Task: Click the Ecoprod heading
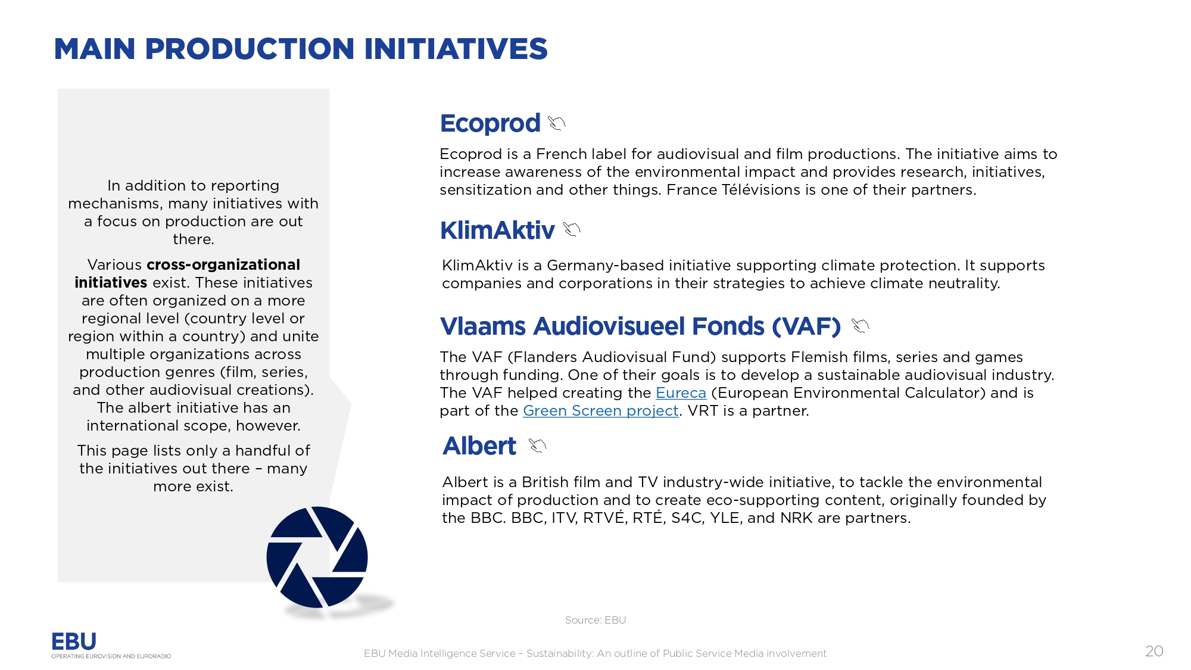coord(490,123)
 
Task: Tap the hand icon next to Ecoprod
coord(557,123)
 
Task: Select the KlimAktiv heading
coord(497,230)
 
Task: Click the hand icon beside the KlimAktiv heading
coord(572,229)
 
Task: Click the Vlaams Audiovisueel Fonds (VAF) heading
coord(640,326)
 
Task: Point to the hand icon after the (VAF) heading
coord(860,325)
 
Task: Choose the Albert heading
coord(479,446)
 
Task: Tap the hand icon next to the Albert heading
coord(537,445)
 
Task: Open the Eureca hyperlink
coord(681,393)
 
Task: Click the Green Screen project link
coord(600,411)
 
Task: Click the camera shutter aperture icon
coord(317,557)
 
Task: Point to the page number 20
coord(1154,651)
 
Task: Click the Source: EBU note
coord(595,620)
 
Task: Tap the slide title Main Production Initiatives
coord(301,49)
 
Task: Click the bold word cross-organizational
coord(223,264)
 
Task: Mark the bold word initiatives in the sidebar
coord(111,282)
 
